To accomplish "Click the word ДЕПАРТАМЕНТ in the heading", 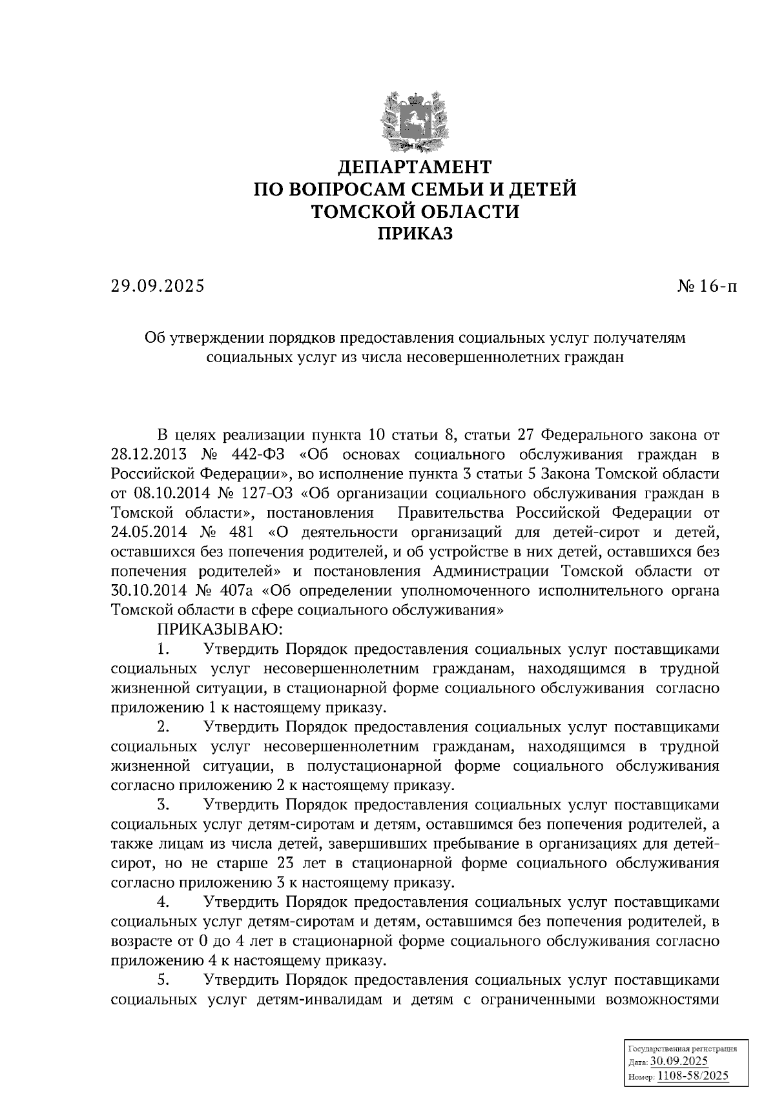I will click(x=415, y=167).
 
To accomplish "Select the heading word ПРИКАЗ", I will click(x=415, y=234).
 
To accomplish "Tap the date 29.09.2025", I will click(x=157, y=285).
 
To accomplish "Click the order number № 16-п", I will click(x=707, y=285).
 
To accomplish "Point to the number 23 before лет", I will click(x=285, y=864).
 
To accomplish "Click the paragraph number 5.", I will click(x=163, y=980).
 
